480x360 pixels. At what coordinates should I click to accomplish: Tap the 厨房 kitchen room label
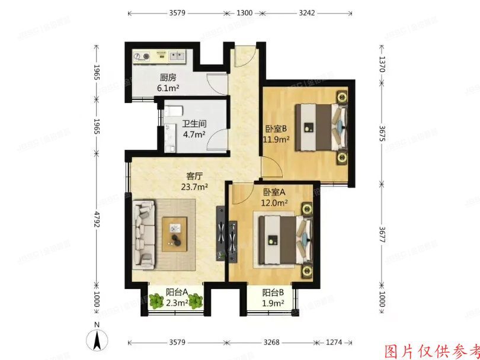168,78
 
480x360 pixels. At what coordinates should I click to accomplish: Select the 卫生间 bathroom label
194,124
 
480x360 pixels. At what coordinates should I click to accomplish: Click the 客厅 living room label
195,176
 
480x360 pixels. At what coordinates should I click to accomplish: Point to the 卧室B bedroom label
276,129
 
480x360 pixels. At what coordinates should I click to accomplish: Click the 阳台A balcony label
177,291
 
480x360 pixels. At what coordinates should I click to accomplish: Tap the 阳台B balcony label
273,292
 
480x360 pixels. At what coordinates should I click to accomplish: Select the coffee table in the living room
175,233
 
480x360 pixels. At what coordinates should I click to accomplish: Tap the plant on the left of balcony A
156,301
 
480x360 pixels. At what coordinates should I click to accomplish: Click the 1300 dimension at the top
244,12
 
